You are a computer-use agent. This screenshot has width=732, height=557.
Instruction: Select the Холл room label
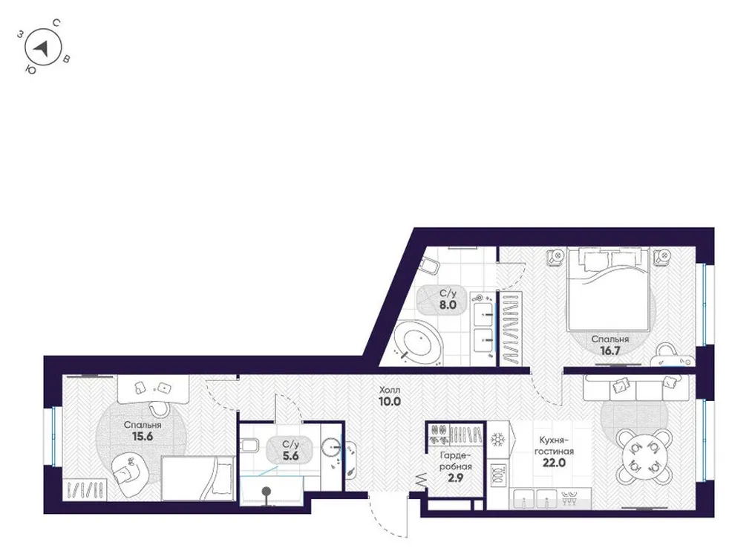(389, 388)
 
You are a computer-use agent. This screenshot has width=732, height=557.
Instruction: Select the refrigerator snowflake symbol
(497, 438)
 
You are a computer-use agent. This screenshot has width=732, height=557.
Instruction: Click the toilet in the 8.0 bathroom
(430, 267)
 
